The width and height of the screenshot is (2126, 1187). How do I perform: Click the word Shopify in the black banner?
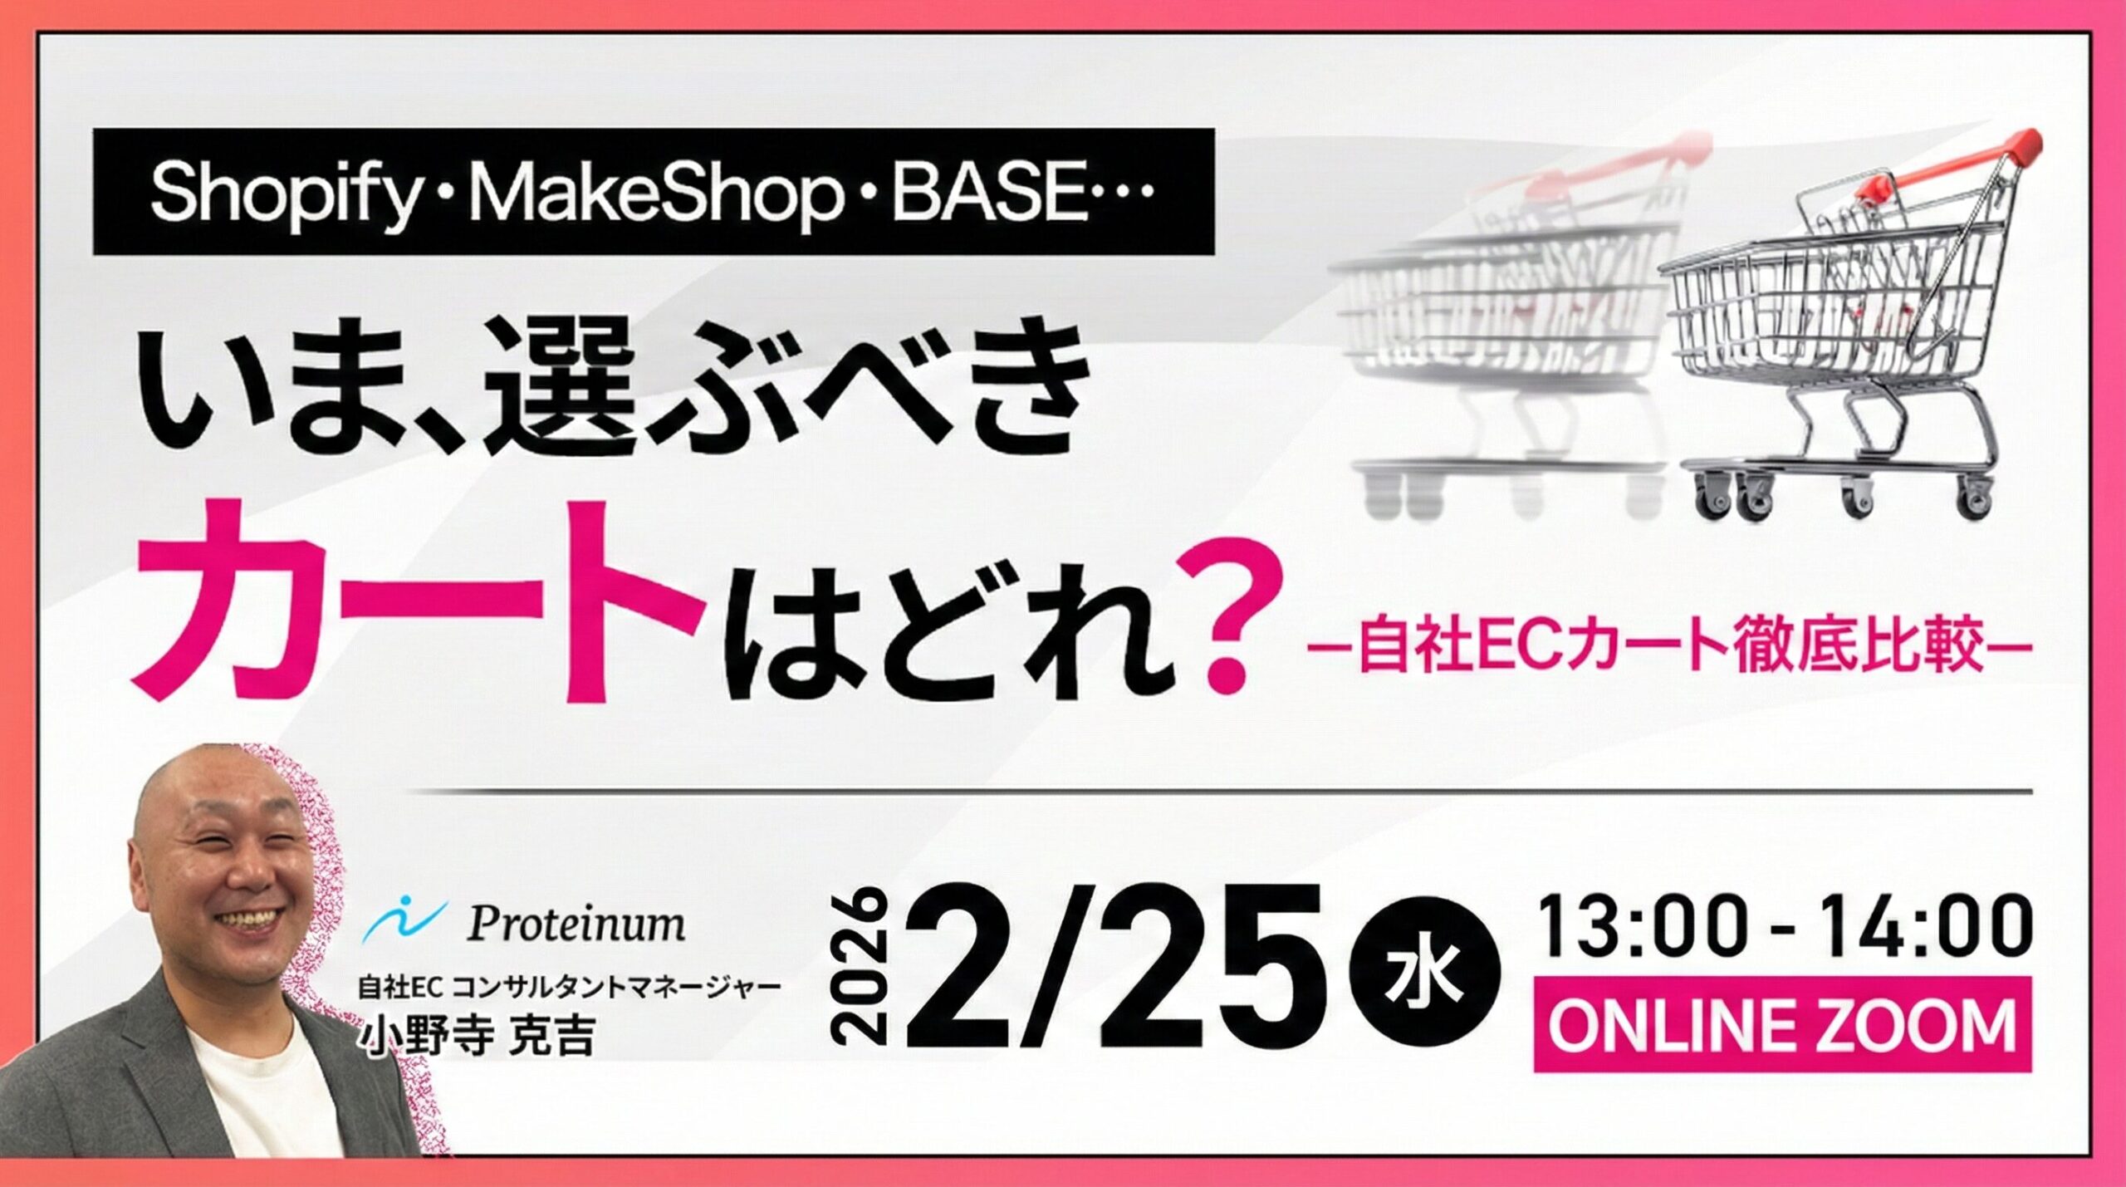282,193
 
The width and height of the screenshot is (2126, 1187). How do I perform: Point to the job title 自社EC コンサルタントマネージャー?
569,988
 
